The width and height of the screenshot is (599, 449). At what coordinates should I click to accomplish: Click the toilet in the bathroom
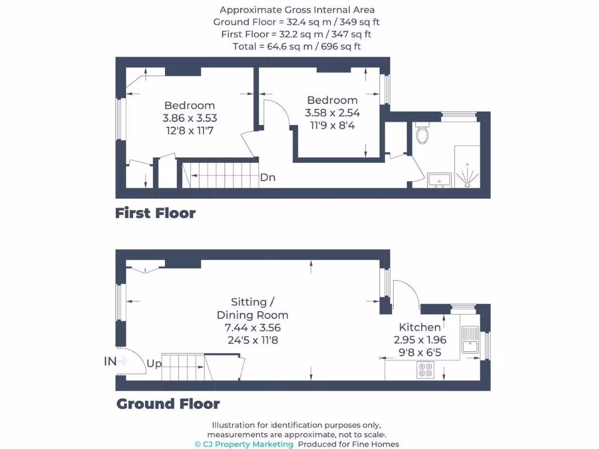click(x=422, y=134)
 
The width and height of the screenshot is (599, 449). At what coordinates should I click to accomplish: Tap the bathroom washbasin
click(x=439, y=179)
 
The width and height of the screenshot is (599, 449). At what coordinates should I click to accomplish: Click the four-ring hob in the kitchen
click(x=425, y=369)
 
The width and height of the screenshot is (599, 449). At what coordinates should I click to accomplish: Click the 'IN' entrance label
click(x=111, y=361)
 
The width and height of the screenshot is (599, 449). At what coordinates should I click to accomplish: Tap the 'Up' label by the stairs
click(x=154, y=364)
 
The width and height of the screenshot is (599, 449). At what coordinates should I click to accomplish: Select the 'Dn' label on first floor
click(x=267, y=178)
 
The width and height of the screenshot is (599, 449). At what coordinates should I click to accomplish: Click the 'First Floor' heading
click(x=155, y=213)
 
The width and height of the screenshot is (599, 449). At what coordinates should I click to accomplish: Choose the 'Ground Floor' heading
click(x=168, y=403)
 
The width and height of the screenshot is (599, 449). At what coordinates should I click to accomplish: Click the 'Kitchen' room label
click(x=419, y=327)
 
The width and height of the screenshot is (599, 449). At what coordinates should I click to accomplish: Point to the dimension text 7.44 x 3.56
click(x=252, y=327)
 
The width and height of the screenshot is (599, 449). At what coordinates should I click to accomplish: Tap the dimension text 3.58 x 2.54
click(x=332, y=113)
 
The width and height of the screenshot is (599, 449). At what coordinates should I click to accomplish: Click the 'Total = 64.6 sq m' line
click(x=297, y=46)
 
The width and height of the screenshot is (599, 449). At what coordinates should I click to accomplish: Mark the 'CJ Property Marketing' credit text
click(x=248, y=444)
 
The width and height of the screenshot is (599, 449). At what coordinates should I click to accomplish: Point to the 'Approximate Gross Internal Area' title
click(x=297, y=10)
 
